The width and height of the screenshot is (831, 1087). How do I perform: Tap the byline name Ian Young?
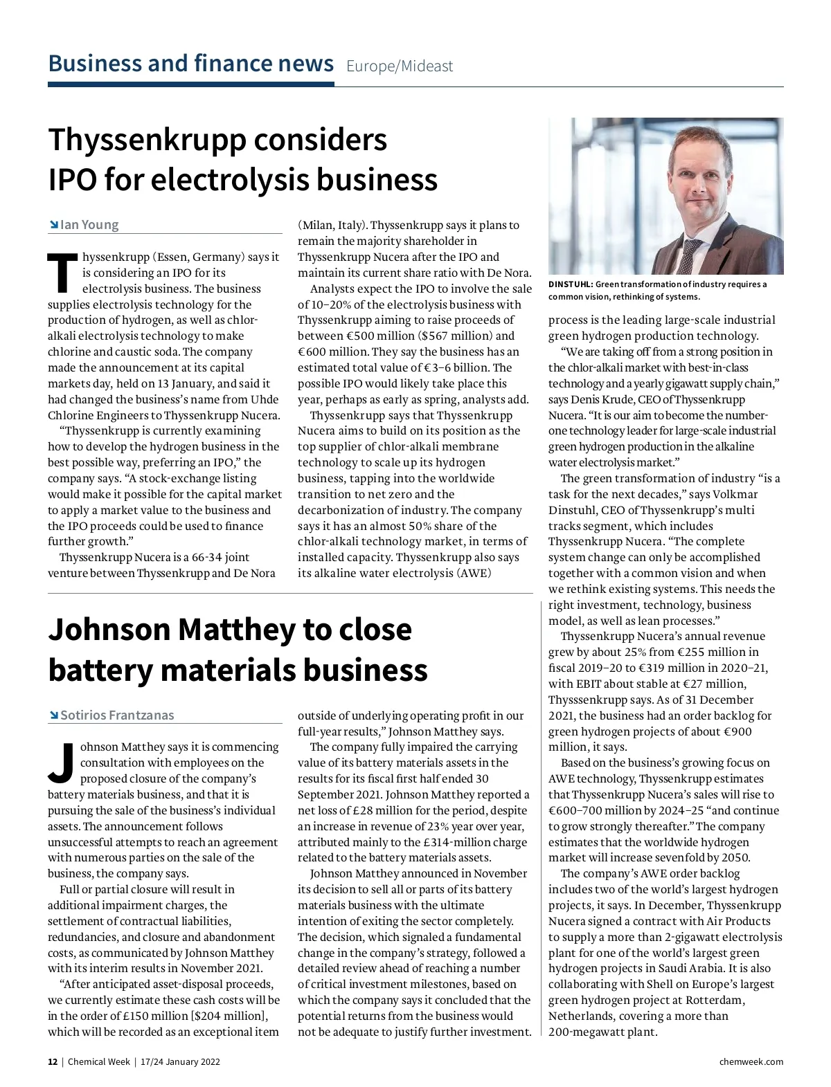tap(89, 224)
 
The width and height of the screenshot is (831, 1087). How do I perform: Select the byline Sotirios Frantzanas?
tap(117, 715)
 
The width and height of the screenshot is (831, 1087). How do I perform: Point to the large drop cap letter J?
tap(62, 763)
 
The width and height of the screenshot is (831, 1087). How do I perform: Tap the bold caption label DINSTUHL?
tap(570, 284)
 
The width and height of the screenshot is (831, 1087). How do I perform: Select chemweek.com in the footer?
tap(751, 1061)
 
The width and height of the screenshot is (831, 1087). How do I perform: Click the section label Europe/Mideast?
tap(400, 66)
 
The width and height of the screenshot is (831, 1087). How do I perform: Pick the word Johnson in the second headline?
tap(109, 630)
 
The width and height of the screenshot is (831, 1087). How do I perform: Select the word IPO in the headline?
tap(72, 180)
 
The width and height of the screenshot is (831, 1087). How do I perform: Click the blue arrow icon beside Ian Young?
tap(53, 225)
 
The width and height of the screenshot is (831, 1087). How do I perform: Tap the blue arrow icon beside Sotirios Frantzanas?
tap(53, 715)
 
